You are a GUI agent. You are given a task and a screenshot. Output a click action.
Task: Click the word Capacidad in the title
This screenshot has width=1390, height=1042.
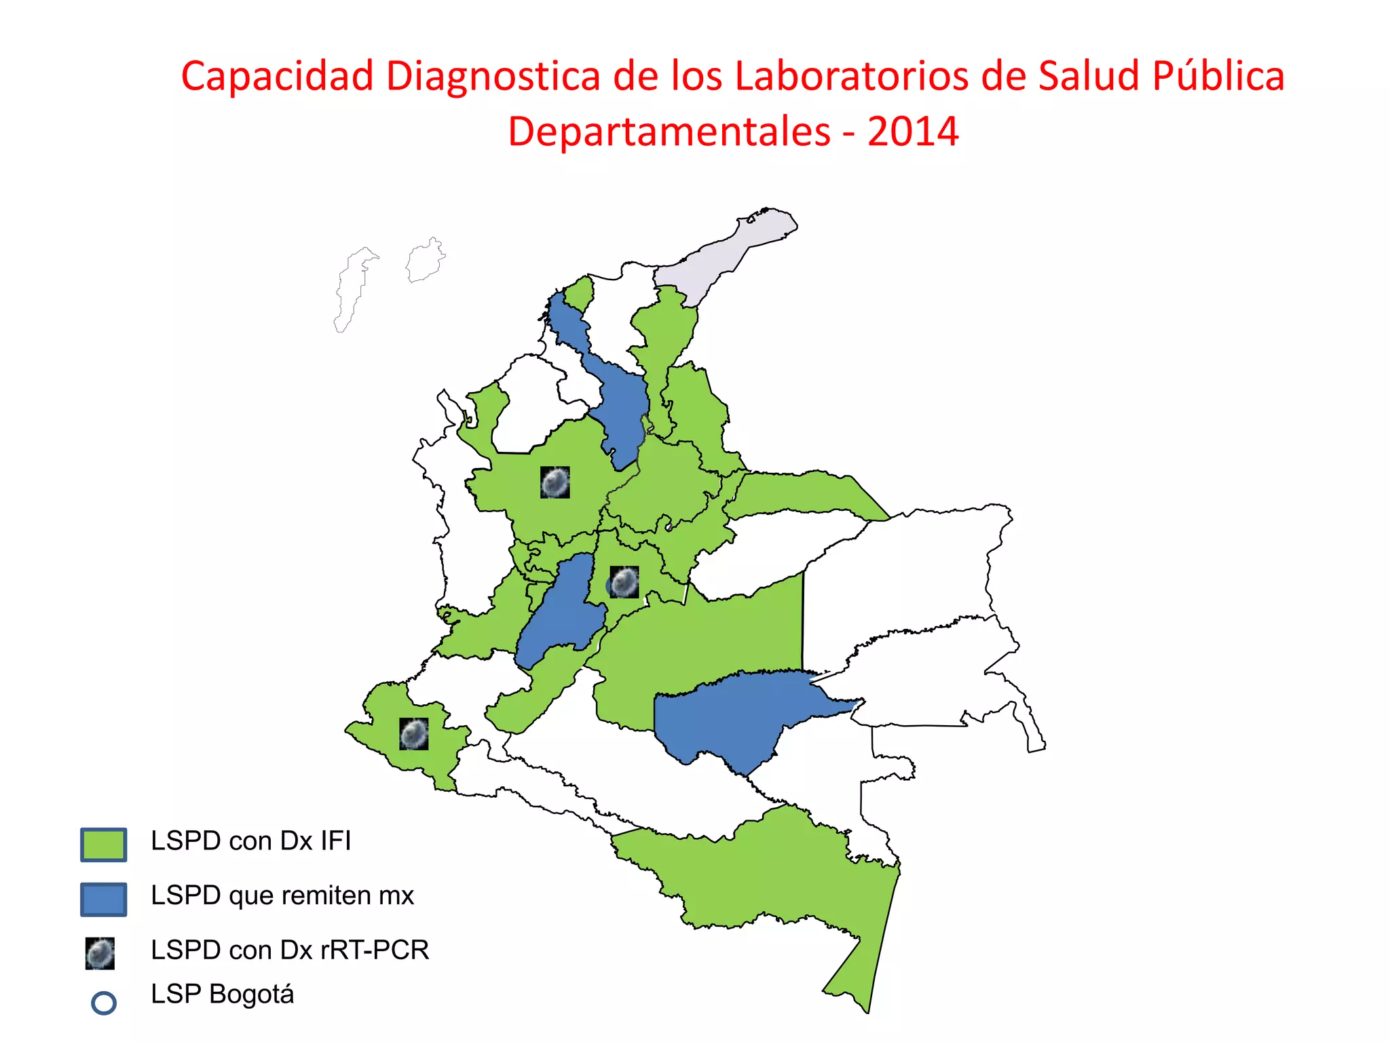pos(277,76)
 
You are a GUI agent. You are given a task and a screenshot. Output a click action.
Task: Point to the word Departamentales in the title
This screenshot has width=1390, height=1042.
pos(669,132)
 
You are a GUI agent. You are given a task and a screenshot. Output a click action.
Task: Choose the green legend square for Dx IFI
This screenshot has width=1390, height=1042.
pos(103,845)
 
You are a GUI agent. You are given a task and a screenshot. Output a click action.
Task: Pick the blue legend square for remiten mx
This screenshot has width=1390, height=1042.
pos(103,899)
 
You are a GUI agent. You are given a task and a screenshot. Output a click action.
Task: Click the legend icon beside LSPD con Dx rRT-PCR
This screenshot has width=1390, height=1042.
pos(100,953)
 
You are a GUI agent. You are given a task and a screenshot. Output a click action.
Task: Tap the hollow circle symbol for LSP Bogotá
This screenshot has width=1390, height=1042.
pos(103,1003)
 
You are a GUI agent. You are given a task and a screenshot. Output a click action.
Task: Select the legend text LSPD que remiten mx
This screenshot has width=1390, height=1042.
pos(282,895)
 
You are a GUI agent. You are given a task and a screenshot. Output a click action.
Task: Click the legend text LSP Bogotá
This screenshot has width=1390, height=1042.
pos(222,995)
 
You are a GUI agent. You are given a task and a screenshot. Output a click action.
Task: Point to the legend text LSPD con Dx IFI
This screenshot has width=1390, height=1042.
pos(250,841)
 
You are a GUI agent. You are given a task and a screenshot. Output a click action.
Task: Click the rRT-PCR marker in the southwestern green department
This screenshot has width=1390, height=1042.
pos(413,733)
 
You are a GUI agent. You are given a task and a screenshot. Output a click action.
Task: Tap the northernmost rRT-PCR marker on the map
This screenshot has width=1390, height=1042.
pos(555,482)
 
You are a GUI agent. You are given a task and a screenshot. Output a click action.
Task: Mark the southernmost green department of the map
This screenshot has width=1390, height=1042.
pos(781,875)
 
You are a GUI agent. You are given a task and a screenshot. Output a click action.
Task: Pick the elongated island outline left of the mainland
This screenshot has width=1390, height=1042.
pos(353,288)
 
